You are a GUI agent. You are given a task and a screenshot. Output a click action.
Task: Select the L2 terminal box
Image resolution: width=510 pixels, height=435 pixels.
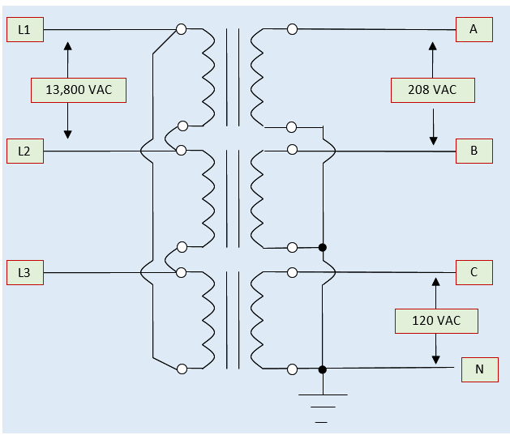(25, 151)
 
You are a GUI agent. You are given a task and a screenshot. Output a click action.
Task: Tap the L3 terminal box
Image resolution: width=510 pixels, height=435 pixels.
(25, 272)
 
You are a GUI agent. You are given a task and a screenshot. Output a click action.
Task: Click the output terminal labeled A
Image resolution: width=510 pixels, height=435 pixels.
(474, 29)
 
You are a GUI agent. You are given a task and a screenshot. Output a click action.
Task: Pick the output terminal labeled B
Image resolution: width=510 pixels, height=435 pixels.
(474, 151)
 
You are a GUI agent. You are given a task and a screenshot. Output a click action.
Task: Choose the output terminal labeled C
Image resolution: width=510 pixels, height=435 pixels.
(474, 272)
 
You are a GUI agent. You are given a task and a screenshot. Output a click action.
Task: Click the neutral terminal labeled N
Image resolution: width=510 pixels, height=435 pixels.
(479, 369)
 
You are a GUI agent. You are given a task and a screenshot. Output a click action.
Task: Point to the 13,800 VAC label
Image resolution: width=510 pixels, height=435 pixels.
(79, 90)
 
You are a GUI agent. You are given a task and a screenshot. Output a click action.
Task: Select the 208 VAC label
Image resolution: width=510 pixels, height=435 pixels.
(432, 90)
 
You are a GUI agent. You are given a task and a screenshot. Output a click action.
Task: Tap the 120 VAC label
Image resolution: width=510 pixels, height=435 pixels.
(436, 321)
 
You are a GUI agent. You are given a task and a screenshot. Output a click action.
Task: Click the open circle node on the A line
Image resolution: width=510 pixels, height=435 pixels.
(292, 29)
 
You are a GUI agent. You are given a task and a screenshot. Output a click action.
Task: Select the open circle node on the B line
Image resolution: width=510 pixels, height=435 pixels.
(292, 150)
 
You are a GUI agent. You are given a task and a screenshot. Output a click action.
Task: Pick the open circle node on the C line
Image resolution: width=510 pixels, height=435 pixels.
(292, 272)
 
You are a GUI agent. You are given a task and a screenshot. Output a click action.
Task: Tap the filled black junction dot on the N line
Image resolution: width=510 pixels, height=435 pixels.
(323, 369)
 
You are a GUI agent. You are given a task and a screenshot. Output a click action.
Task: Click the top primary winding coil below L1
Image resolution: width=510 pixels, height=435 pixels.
(206, 78)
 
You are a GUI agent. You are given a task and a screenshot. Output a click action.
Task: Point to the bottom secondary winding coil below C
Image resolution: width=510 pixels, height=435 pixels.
(258, 321)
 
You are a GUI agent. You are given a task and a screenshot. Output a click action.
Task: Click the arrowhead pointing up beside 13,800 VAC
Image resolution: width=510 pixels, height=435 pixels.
(67, 45)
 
